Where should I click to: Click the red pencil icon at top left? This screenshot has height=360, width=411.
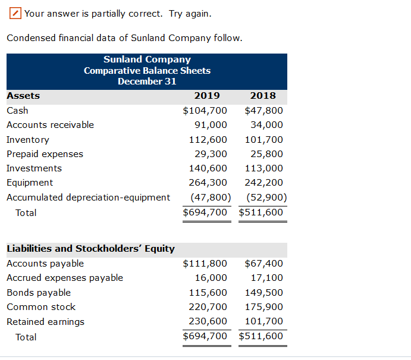[x=16, y=13]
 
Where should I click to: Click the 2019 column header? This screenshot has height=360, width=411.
[x=207, y=96]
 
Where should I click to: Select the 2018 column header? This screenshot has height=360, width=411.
[x=263, y=96]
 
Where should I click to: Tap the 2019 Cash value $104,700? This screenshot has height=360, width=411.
[x=205, y=111]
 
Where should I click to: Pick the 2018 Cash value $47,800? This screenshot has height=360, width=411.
[x=263, y=111]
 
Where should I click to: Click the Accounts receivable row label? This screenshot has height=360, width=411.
[x=50, y=125]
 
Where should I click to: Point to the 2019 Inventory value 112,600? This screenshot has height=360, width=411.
[x=208, y=140]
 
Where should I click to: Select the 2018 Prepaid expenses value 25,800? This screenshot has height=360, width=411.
[x=266, y=154]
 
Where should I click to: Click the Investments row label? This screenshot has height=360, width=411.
[x=34, y=168]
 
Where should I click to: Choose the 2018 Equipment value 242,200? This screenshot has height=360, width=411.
[x=263, y=183]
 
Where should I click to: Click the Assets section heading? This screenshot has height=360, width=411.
[x=23, y=96]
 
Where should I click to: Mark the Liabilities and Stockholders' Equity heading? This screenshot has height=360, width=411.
[x=90, y=249]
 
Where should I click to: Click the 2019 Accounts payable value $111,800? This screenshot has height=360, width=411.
[x=205, y=264]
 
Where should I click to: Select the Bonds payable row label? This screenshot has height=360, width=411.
[x=39, y=293]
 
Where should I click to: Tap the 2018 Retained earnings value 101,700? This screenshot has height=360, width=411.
[x=263, y=322]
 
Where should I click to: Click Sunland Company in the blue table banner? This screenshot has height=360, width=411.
[x=147, y=60]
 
